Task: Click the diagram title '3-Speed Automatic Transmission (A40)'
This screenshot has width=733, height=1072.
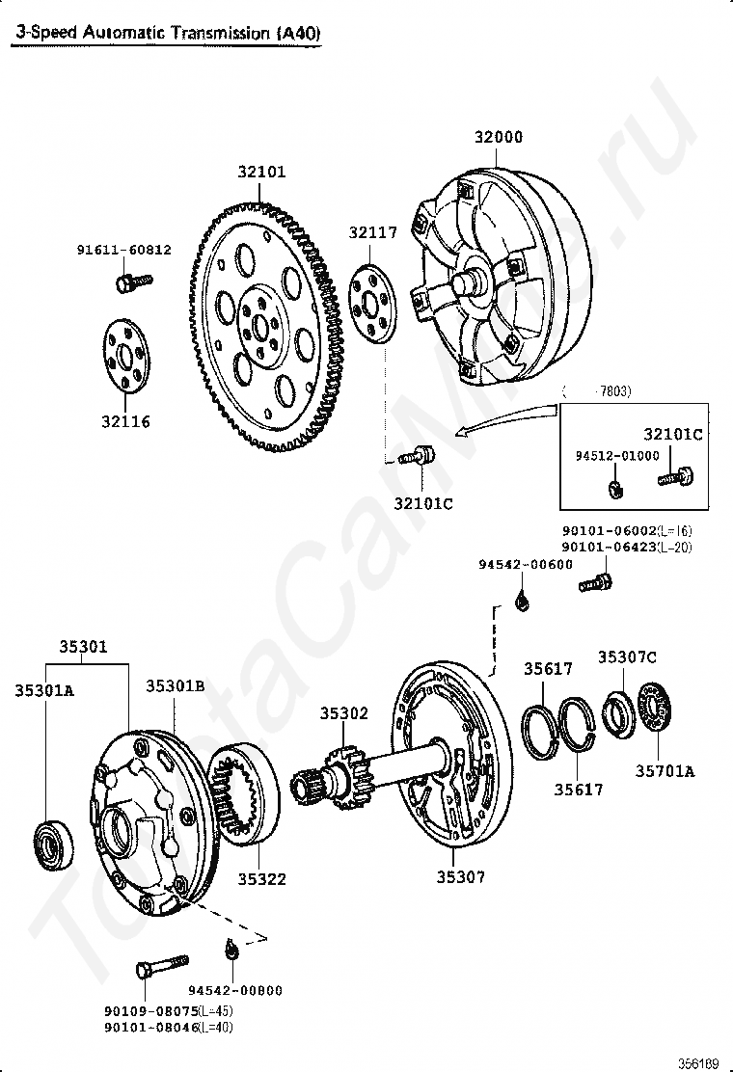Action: click(x=166, y=33)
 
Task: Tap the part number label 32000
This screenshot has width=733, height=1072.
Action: click(x=498, y=138)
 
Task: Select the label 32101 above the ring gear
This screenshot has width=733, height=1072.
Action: click(x=262, y=173)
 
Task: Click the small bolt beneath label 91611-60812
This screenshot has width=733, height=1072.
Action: click(x=132, y=281)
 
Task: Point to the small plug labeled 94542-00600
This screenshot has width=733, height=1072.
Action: click(x=522, y=602)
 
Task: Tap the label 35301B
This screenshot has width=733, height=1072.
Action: click(x=176, y=686)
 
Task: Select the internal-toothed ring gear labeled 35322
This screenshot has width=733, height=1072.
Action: click(x=243, y=793)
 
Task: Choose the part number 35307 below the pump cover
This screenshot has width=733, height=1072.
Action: click(x=461, y=876)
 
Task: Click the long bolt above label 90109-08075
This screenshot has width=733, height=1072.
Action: click(x=161, y=964)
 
